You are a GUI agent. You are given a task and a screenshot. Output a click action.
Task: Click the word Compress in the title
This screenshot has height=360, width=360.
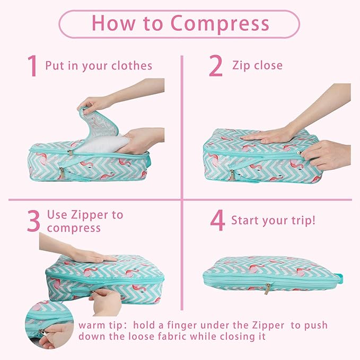(x=220, y=24)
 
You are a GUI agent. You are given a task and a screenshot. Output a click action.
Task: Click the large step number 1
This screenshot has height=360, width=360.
(x=33, y=66)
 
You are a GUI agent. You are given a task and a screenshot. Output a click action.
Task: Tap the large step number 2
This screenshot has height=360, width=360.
(x=215, y=66)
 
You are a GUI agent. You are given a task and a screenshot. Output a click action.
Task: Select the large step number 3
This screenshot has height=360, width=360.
(x=33, y=221)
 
